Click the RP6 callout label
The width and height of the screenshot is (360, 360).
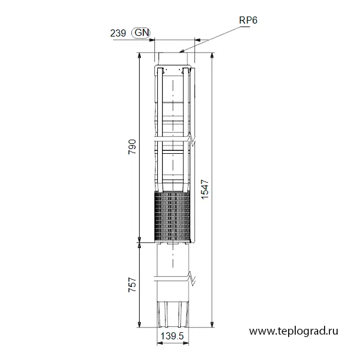point(248,20)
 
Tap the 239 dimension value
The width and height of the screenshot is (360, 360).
point(118,34)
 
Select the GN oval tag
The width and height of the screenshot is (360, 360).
point(141,33)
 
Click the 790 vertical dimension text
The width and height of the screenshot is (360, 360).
point(132,147)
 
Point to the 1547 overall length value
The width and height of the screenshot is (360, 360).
point(205,189)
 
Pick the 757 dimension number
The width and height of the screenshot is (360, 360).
point(132,285)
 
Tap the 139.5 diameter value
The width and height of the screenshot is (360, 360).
point(172,336)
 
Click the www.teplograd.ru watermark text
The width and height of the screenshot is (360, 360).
point(293,331)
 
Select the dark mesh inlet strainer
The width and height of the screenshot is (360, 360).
point(173,217)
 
